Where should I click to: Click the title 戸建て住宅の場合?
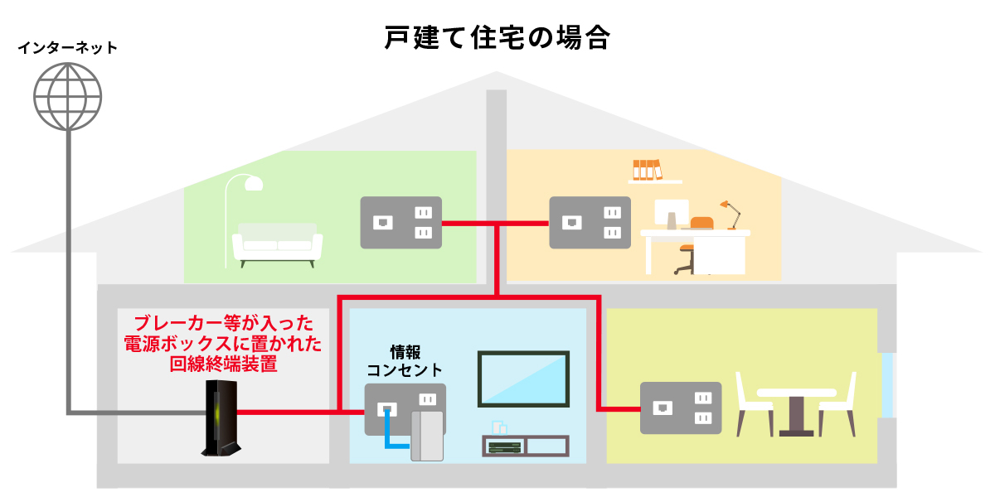(x=498, y=38)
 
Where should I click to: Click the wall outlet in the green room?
(x=400, y=222)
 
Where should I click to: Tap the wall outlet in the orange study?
(x=590, y=222)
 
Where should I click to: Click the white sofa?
(x=277, y=243)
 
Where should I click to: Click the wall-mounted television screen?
(x=523, y=379)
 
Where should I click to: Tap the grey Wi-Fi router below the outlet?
(x=428, y=435)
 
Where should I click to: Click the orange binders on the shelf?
(x=647, y=169)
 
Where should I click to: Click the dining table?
(x=796, y=410)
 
